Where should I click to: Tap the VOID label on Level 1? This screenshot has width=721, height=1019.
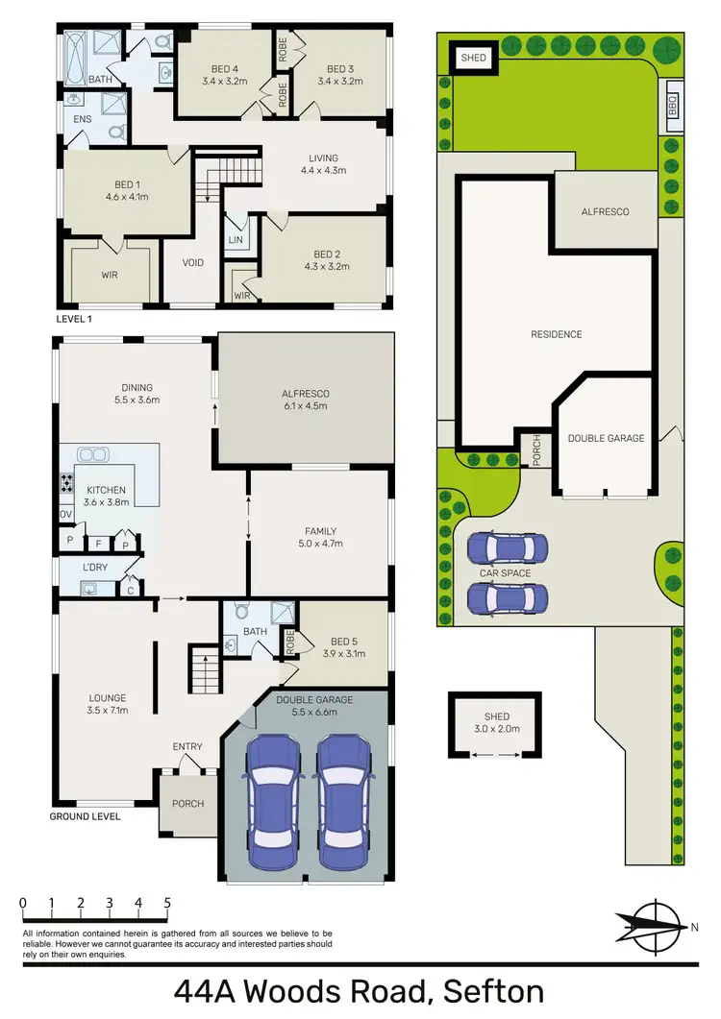tap(192, 262)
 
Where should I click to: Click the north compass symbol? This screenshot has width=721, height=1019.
tap(653, 925)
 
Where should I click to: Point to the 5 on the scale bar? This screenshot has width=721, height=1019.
tap(168, 903)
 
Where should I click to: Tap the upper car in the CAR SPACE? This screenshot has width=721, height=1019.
tap(507, 549)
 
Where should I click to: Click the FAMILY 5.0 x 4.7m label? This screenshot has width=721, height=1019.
tap(320, 537)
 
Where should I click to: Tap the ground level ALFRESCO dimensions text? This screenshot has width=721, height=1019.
tap(306, 406)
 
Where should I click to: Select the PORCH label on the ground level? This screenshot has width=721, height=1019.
tap(187, 803)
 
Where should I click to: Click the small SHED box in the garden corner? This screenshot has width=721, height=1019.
tap(474, 58)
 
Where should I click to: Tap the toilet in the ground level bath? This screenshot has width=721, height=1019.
tap(241, 611)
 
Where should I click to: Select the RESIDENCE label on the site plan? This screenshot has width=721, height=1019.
tap(557, 334)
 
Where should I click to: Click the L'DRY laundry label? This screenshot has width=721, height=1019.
tap(95, 568)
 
